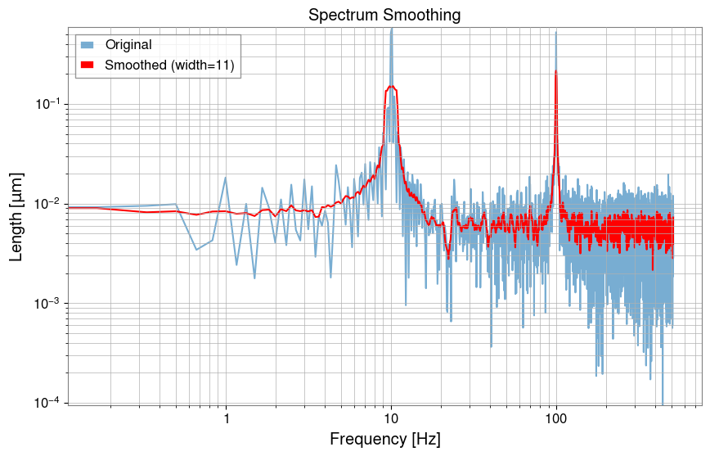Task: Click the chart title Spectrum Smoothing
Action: pyautogui.click(x=384, y=15)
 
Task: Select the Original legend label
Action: pyautogui.click(x=134, y=45)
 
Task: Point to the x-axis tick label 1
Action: pyautogui.click(x=226, y=417)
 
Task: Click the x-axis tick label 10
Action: pyautogui.click(x=391, y=417)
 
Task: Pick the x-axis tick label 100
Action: pyautogui.click(x=556, y=417)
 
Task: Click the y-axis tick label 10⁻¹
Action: pyautogui.click(x=45, y=104)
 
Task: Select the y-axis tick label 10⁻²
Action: pyautogui.click(x=45, y=204)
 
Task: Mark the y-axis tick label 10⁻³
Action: pyautogui.click(x=45, y=304)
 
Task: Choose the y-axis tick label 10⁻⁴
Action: pyautogui.click(x=45, y=403)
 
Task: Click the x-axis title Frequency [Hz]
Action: pyautogui.click(x=384, y=439)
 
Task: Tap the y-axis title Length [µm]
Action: pyautogui.click(x=16, y=216)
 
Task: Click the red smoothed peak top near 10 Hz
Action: pyautogui.click(x=392, y=86)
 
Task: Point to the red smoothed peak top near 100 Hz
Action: pyautogui.click(x=556, y=71)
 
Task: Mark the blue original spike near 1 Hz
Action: pyautogui.click(x=226, y=178)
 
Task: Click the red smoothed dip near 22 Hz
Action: pyautogui.click(x=447, y=257)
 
